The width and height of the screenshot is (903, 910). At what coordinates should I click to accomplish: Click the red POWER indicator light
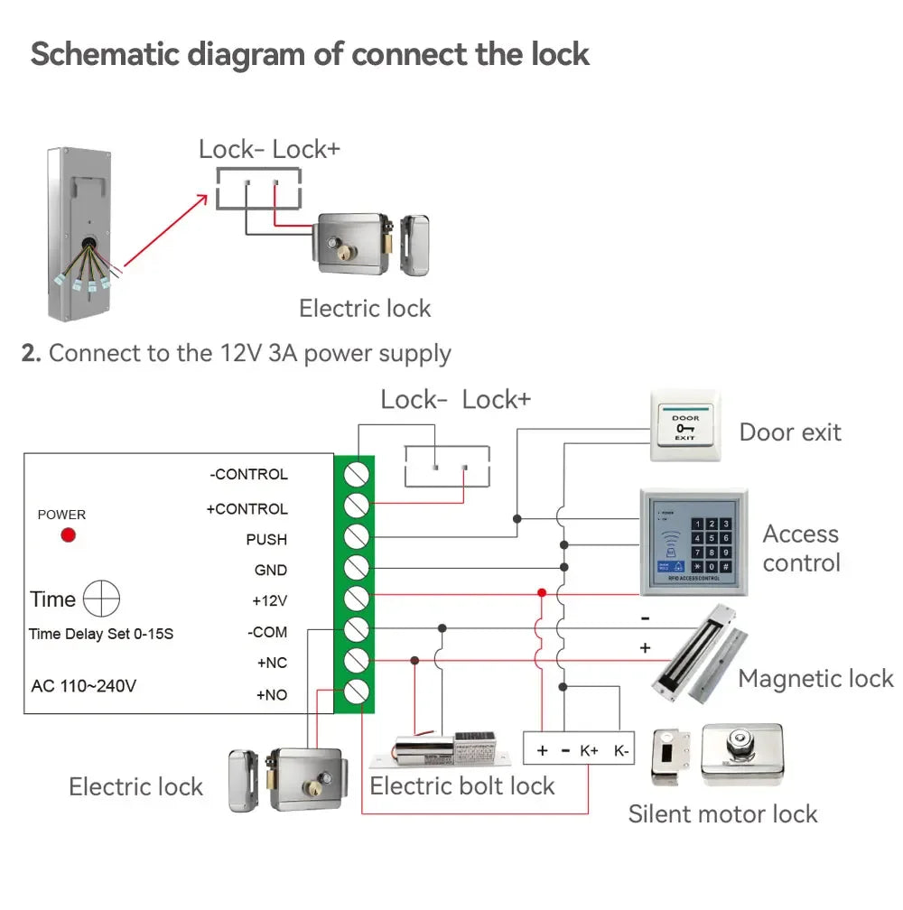click(x=68, y=535)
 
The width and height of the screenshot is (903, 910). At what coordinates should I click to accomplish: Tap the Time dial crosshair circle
click(x=101, y=599)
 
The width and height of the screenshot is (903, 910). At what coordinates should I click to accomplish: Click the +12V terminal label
click(x=269, y=600)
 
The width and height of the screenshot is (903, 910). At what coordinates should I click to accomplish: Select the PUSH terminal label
click(x=266, y=539)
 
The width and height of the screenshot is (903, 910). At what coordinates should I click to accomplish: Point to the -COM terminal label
click(x=267, y=632)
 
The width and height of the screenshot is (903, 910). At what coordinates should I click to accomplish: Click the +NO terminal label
click(x=271, y=695)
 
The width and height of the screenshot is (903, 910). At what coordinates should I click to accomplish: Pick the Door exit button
click(x=684, y=427)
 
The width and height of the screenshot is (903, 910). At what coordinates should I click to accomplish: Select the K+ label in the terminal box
click(x=589, y=750)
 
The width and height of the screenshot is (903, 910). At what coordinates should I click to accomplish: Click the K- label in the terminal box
click(x=621, y=750)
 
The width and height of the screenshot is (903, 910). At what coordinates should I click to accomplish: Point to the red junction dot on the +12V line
click(x=542, y=593)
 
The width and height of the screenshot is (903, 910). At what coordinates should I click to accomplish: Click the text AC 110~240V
click(x=84, y=685)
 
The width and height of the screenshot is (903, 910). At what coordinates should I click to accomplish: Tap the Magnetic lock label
click(x=815, y=679)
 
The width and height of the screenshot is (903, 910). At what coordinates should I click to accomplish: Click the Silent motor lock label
click(x=722, y=813)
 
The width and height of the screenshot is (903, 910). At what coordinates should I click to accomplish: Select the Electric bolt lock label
click(x=462, y=785)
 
